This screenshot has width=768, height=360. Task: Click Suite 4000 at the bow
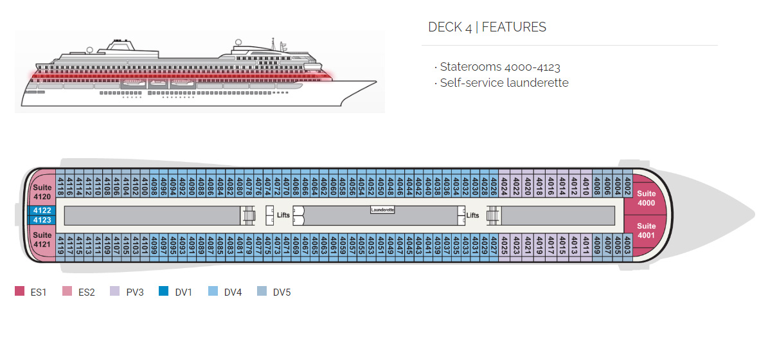coord(646,198)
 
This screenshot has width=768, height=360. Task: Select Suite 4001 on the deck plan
coord(646,230)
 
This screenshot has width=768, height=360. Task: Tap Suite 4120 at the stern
coord(42,192)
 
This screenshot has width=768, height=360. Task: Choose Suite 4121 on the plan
coord(42,240)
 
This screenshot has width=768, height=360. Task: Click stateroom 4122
coord(42,210)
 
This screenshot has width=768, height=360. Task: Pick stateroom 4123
coord(42,220)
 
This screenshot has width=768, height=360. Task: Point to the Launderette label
coord(382,210)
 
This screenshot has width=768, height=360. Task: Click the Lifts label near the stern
coord(283,215)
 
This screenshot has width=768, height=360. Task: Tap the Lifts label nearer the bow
coord(473,215)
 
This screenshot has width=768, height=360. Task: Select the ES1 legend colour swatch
coord(19,292)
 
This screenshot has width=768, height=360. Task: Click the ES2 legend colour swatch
coord(67,292)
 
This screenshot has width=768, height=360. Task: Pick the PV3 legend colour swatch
coord(115,292)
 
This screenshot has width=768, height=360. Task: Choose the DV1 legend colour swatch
coord(164,292)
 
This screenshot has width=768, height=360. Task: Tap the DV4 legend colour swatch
coord(213,292)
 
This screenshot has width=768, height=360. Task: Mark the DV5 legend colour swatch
coord(262,292)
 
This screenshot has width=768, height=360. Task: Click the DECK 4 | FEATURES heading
coord(487,27)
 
